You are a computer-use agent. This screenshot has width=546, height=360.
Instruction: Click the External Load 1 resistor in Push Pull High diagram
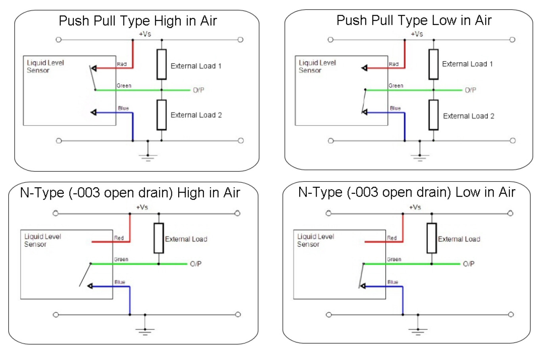click(161, 64)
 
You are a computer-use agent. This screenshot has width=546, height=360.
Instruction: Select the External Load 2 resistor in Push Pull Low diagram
click(433, 115)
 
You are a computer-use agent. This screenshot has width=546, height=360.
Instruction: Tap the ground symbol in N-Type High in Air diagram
click(145, 330)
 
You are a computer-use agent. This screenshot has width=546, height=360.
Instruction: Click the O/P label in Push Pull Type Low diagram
click(471, 90)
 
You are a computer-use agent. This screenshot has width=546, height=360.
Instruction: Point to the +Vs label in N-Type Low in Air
click(415, 207)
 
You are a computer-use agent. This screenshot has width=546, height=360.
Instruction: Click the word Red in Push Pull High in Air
click(122, 64)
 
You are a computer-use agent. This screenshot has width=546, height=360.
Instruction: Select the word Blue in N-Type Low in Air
click(393, 282)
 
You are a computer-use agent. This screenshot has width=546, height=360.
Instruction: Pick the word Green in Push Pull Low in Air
click(396, 86)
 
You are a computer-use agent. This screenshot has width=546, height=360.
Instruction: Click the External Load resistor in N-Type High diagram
click(159, 238)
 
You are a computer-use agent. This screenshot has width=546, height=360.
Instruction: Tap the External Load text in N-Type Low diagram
click(459, 239)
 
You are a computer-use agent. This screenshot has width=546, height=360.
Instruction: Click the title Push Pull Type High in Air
click(138, 21)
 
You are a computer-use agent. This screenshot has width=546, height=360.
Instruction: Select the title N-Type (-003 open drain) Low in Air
click(406, 192)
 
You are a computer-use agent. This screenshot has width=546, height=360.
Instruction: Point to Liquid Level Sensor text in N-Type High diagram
click(42, 240)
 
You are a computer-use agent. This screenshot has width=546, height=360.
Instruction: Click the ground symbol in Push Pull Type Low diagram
click(420, 157)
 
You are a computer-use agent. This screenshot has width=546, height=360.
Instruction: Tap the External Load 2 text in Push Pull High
click(196, 115)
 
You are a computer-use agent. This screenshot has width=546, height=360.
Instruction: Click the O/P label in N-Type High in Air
click(196, 264)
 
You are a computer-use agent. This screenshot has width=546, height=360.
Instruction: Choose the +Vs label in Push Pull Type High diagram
click(145, 34)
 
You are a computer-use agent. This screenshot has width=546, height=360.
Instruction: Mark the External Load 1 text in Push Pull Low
click(467, 64)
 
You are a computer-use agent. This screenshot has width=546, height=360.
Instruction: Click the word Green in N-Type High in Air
click(121, 259)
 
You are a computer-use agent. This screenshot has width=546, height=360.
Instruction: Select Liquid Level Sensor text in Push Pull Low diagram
click(317, 66)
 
